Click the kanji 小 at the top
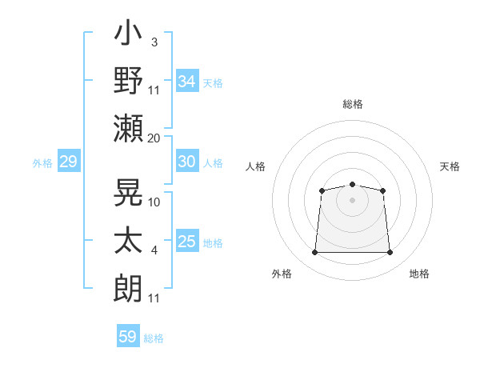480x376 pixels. click(128, 32)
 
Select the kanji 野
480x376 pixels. click(128, 80)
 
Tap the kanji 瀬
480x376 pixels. click(128, 128)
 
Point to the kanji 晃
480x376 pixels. click(128, 192)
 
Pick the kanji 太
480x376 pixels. click(128, 240)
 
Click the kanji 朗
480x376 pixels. click(128, 288)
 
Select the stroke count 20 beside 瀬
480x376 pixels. click(154, 138)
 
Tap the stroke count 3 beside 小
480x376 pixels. click(154, 42)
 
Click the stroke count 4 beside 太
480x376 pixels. click(154, 250)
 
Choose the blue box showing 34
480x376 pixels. click(187, 81)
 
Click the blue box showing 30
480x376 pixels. click(187, 161)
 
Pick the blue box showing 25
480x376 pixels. click(187, 240)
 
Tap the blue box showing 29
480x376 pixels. click(69, 161)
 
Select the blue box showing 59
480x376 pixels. click(128, 335)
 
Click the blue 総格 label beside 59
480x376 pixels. click(154, 338)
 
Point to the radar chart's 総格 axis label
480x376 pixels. click(353, 104)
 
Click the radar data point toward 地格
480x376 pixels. click(390, 252)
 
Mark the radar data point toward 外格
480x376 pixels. click(314, 252)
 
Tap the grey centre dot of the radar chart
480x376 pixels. click(352, 200)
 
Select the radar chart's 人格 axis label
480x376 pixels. click(255, 166)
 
